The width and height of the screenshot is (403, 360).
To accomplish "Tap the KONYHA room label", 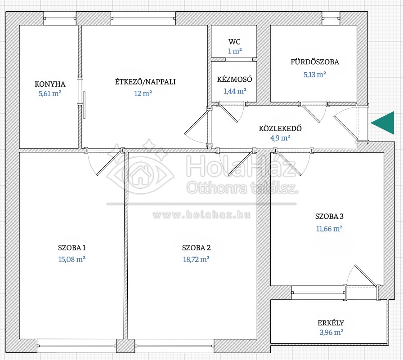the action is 50,84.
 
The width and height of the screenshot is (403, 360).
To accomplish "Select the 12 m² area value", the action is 143,93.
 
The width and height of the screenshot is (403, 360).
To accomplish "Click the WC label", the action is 234,42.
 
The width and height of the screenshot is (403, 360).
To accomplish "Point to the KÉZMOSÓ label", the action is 234,79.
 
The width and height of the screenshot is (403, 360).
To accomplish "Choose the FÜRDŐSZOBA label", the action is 315,62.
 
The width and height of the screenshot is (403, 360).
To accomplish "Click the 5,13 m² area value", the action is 315,75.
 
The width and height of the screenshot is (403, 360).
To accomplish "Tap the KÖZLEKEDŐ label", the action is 280,128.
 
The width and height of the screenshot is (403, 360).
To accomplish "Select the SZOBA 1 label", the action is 72,248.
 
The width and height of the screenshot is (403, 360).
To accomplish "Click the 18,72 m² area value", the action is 196,259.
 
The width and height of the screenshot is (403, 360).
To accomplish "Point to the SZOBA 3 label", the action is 329,216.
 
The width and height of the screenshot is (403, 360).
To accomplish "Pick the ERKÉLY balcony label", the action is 331,323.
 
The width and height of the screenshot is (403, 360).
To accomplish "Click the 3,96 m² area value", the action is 331,332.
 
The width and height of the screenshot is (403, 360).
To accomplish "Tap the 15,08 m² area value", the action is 72,259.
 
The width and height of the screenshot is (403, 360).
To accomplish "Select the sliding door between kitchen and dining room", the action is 84,105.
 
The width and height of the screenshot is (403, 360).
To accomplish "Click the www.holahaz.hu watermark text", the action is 201,215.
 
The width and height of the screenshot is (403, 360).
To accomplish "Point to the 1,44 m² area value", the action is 235,91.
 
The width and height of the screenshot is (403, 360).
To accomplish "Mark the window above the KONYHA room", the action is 60,18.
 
